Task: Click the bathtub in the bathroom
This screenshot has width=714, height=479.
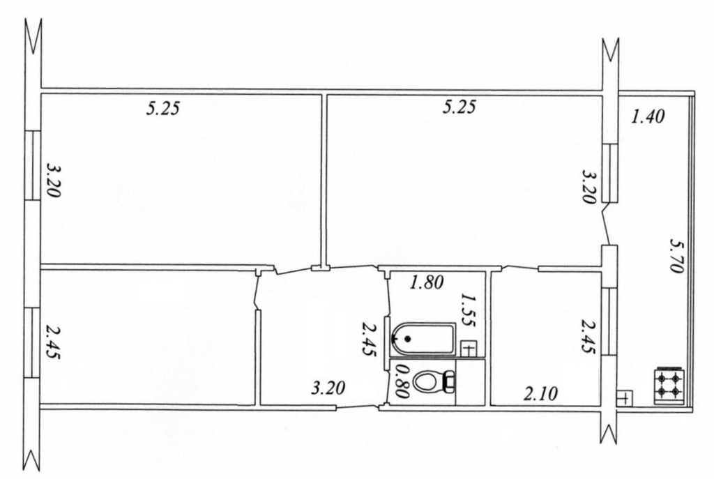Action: coord(423,339)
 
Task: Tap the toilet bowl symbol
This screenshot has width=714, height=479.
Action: coord(427,382)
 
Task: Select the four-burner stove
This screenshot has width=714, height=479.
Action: coord(668,385)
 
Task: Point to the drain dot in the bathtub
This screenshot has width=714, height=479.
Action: coord(407,339)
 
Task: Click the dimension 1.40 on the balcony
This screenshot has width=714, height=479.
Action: coord(648,117)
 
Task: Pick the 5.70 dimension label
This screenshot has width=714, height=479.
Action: coord(676,256)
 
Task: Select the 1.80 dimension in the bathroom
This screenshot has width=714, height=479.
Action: coord(426,283)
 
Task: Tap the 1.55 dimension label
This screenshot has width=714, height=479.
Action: coord(469,310)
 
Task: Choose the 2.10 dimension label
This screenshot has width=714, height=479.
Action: coord(540,393)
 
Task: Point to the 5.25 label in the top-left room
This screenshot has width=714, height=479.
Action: coord(163,108)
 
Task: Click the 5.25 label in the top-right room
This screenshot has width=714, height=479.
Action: coord(459,107)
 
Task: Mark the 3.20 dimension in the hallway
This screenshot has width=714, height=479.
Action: coord(328,388)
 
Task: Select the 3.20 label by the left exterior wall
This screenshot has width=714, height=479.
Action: coord(53,181)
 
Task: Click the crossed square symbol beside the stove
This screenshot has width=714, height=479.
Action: coord(624,398)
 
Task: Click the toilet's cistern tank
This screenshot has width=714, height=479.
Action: coord(450,382)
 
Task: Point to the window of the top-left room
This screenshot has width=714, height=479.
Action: coord(33,165)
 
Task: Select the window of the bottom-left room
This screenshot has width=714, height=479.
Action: coord(33,342)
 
